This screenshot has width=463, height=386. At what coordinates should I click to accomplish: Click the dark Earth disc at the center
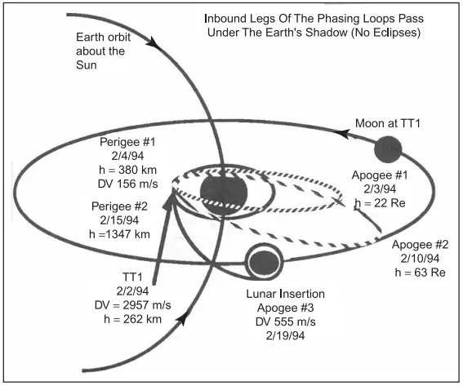click(x=223, y=192)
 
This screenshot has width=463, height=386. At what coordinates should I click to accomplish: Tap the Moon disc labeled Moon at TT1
click(x=388, y=149)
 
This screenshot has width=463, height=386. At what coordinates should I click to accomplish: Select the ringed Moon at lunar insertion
click(x=265, y=261)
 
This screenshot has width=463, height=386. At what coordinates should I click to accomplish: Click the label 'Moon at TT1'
click(x=387, y=123)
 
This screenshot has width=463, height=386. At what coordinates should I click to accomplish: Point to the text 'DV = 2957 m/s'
click(x=132, y=305)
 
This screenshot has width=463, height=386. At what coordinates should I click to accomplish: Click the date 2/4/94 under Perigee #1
click(x=127, y=156)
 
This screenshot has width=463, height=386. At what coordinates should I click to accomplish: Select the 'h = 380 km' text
click(x=127, y=170)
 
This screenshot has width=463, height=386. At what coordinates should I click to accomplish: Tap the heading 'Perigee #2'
click(x=119, y=206)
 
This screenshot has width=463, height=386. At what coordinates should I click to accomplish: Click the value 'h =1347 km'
click(x=119, y=234)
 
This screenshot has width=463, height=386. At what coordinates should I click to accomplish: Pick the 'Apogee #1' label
click(x=380, y=175)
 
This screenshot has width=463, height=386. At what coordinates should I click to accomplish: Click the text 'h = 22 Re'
click(x=380, y=203)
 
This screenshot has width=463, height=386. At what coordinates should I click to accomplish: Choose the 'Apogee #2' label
click(x=420, y=245)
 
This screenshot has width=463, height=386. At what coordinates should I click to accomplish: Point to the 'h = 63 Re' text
click(x=420, y=273)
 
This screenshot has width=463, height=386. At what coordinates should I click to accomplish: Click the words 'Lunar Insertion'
click(x=286, y=294)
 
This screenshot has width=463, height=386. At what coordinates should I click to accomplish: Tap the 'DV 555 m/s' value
click(x=286, y=322)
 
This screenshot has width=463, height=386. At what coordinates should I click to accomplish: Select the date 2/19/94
click(x=285, y=336)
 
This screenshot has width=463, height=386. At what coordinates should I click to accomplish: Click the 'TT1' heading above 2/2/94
click(x=132, y=277)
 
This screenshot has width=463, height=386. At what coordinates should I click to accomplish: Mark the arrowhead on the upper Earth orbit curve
click(x=154, y=42)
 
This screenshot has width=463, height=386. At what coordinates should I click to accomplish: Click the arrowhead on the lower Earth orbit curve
click(x=182, y=319)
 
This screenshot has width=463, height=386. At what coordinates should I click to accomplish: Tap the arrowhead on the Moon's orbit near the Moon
click(x=344, y=133)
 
